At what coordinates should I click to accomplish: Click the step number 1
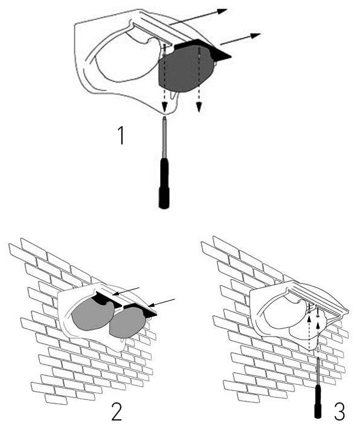tap(121, 135)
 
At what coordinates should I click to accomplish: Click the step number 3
tap(339, 412)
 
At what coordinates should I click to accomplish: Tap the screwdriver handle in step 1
tap(164, 184)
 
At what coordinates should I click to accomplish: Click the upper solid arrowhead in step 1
tap(222, 11)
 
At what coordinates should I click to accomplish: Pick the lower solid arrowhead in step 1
tap(256, 36)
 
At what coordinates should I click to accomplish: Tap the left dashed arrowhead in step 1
tap(165, 106)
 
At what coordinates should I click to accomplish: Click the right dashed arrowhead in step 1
tap(199, 107)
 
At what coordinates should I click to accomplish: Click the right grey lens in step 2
tap(126, 323)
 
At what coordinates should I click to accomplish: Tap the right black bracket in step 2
tap(140, 309)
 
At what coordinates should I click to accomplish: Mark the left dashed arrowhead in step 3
tap(309, 321)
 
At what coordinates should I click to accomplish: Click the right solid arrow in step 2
tap(161, 303)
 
